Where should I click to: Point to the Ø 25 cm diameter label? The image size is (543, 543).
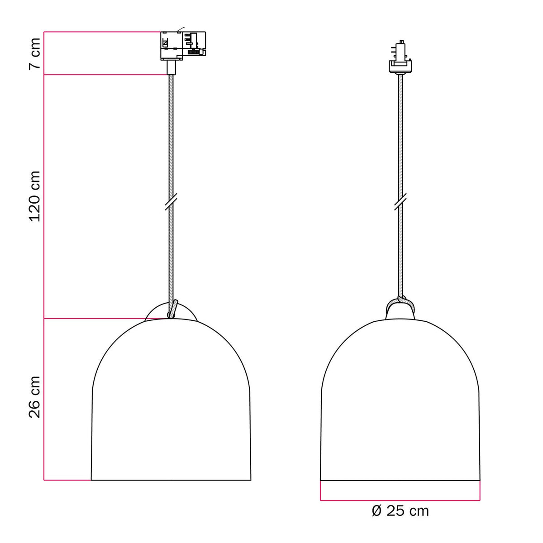click(x=400, y=510)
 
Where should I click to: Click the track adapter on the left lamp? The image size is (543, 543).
click(x=183, y=46)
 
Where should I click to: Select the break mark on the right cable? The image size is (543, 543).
click(x=400, y=201)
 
